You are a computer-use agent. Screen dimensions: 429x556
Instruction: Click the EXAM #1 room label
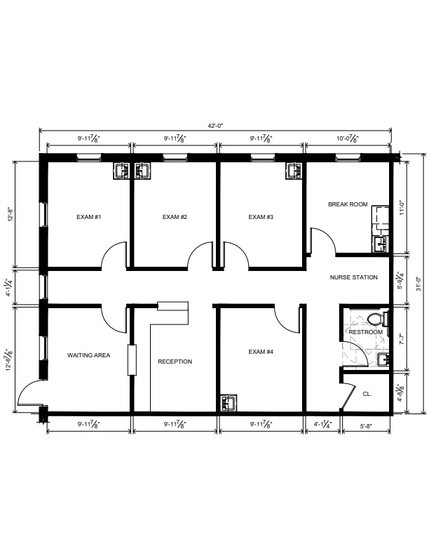(89, 217)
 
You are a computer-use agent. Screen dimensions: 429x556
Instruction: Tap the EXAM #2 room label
(175, 217)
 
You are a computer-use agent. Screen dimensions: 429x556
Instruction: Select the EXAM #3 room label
(261, 217)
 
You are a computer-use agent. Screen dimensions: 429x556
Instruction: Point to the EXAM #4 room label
(261, 352)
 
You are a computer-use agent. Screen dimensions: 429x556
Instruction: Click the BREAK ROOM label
(348, 204)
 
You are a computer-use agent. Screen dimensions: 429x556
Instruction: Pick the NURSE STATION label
(353, 277)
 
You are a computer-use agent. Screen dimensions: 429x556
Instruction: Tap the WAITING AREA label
(89, 355)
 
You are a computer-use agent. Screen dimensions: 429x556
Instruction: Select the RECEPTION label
(175, 362)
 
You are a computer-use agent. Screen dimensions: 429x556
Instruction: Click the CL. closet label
(367, 394)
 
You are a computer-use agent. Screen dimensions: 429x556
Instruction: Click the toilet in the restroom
(377, 319)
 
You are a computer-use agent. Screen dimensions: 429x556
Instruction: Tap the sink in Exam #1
(122, 171)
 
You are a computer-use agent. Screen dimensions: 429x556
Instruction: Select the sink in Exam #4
(229, 404)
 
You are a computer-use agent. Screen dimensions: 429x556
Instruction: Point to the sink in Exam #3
(294, 171)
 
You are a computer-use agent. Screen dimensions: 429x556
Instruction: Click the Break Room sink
(381, 245)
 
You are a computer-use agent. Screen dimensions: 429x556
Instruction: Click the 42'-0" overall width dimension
(215, 126)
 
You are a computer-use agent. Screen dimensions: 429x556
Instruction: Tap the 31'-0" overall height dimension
(419, 284)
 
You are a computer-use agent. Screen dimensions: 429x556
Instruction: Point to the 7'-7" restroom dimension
(402, 339)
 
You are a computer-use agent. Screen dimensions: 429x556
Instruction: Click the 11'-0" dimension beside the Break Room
(402, 207)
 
